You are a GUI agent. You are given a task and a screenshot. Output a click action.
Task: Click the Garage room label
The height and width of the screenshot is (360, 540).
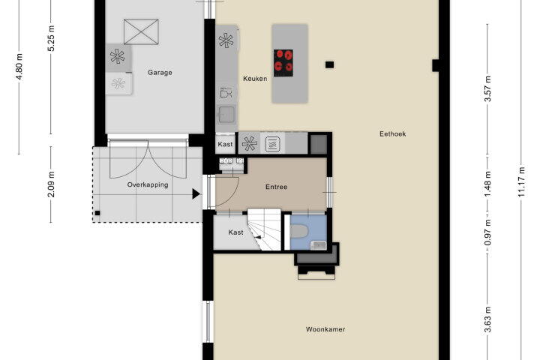click(x=160, y=73)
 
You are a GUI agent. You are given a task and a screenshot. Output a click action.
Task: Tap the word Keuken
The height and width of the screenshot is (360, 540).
click(x=255, y=79)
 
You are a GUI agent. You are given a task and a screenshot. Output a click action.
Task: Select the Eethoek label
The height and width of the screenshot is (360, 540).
click(x=392, y=134)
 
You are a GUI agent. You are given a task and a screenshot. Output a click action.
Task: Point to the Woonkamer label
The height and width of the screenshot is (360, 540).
click(x=325, y=329)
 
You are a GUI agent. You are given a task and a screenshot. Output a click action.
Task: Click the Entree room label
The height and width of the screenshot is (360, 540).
click(x=276, y=187)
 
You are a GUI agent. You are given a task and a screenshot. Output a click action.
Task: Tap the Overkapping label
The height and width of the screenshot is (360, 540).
click(x=148, y=184)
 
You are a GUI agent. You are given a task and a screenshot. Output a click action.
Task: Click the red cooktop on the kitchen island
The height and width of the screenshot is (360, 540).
click(x=283, y=63)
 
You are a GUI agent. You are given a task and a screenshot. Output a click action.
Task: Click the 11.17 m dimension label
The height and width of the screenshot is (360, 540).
click(x=522, y=182)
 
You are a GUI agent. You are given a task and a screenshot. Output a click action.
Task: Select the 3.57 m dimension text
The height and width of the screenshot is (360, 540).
click(x=487, y=89)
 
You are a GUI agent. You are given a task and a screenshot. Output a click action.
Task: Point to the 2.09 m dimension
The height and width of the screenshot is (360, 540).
click(x=51, y=184)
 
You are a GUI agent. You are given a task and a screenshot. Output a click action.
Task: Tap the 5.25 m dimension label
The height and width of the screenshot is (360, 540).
click(x=51, y=38)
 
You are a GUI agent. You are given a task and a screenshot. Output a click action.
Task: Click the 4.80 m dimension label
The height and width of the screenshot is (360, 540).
click(x=19, y=67)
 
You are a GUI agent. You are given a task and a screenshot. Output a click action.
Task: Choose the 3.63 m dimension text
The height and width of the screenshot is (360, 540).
click(x=487, y=320)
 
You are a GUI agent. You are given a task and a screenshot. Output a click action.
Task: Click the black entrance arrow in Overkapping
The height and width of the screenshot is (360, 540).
click(x=196, y=194)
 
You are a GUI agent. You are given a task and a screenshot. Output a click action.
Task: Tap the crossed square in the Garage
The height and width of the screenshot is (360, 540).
click(x=141, y=32)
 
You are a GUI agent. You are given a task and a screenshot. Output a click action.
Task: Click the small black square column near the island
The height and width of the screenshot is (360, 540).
click(x=329, y=64)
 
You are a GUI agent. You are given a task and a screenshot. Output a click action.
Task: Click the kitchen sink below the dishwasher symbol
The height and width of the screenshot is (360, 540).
click(x=226, y=114)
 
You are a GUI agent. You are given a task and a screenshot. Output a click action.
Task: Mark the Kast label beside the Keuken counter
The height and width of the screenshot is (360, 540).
click(x=225, y=144)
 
